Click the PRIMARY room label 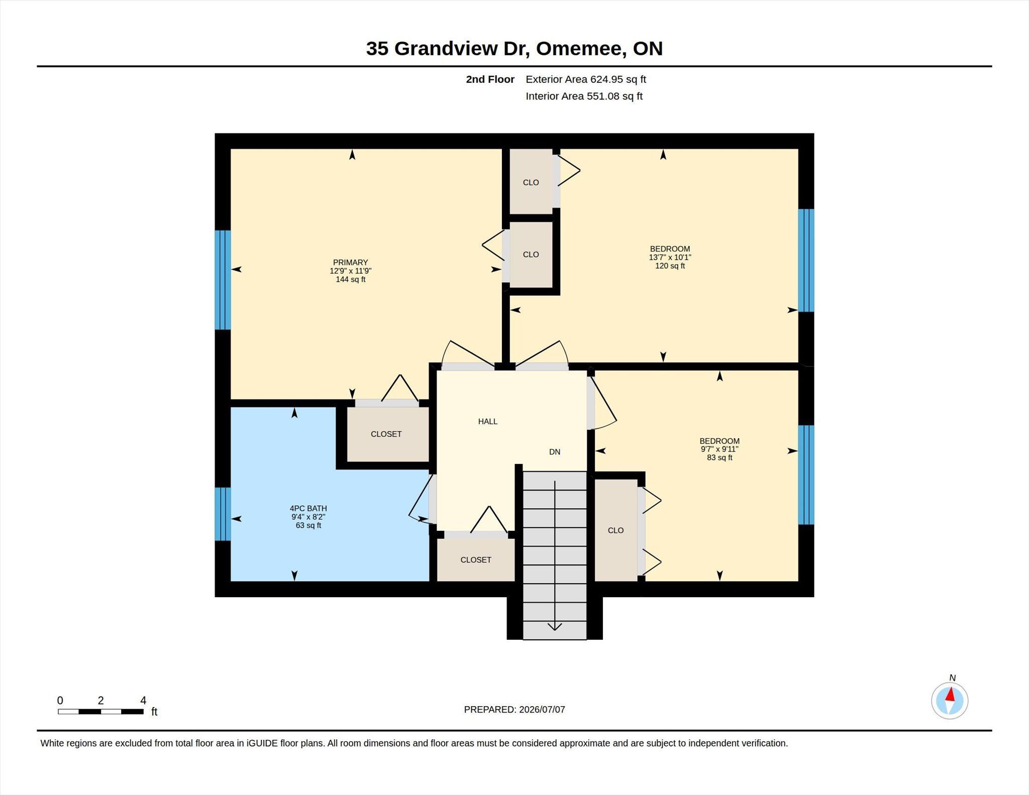[x=350, y=262]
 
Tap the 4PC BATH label [x=308, y=508]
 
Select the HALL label [x=487, y=421]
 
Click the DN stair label [x=555, y=452]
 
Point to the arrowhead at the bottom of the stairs [x=555, y=626]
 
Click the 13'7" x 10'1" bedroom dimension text [x=670, y=257]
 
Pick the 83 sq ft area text [x=719, y=458]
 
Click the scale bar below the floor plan [x=100, y=711]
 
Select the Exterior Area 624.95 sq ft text [x=586, y=79]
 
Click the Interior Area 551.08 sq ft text [x=584, y=96]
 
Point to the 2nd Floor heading [x=490, y=79]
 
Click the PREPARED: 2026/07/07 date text [x=514, y=710]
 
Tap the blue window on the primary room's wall [x=223, y=280]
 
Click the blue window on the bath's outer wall [x=223, y=514]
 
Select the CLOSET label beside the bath [x=386, y=434]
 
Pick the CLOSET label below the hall [x=476, y=559]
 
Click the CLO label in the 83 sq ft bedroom [x=615, y=530]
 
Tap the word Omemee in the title [x=580, y=49]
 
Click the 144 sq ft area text [x=350, y=279]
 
